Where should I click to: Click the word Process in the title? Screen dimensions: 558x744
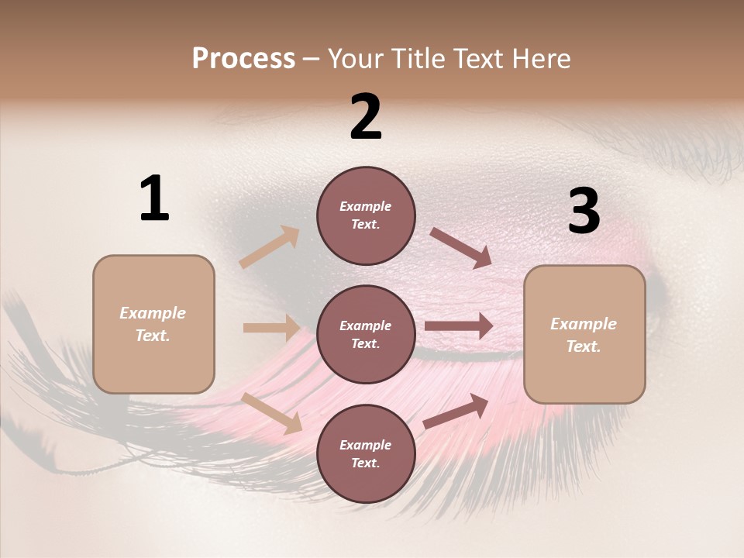243,59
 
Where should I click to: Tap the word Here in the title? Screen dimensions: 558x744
539,59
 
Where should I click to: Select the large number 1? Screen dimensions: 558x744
154,199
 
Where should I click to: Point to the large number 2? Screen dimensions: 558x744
366,117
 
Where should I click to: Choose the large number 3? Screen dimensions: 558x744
584,212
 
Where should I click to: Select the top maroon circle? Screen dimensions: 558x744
366,215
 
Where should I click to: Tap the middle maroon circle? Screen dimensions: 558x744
366,334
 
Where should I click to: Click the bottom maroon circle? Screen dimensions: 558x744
366,453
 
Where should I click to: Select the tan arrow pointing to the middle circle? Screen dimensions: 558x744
272,328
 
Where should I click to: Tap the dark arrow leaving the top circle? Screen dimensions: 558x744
461,248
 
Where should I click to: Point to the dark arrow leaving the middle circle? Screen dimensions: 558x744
459,325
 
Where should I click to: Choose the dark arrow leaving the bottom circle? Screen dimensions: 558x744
456,411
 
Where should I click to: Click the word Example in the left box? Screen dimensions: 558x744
153,313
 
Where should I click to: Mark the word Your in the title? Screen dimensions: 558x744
352,59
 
